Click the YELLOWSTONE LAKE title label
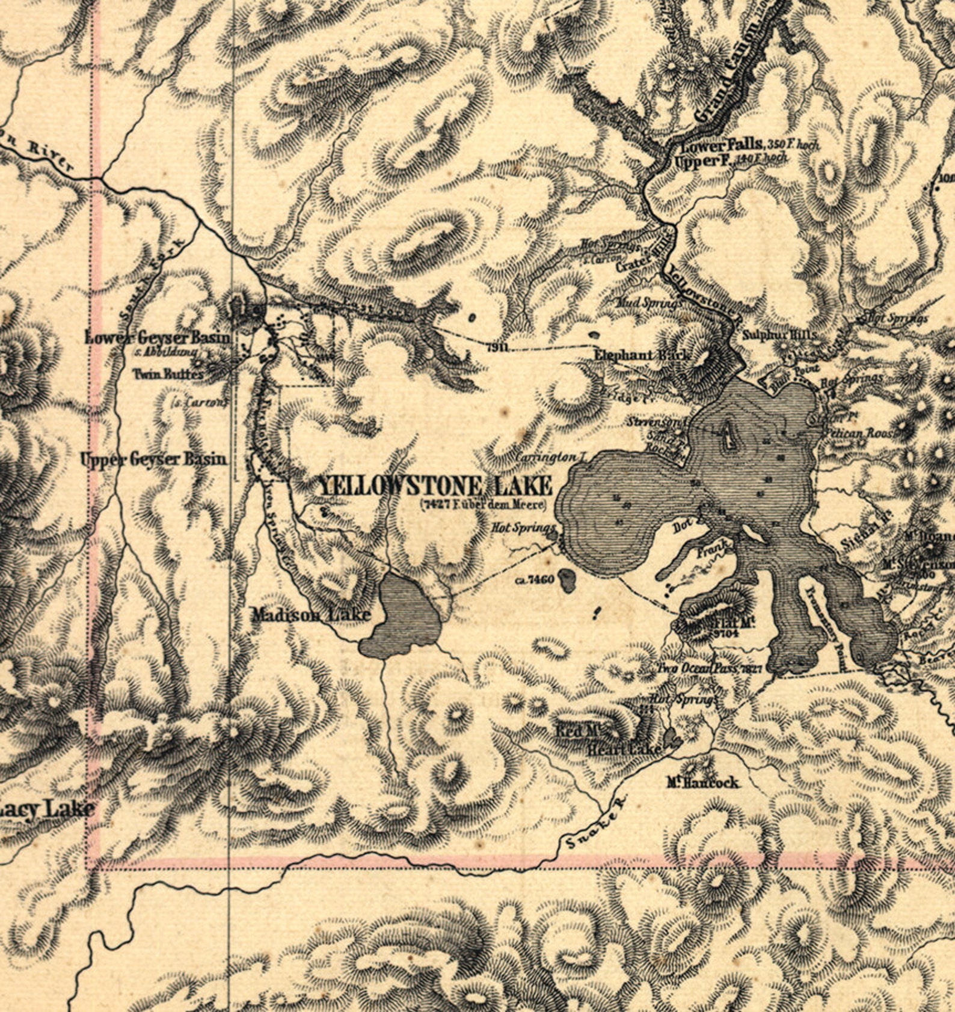pos(434,486)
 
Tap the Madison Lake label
pos(310,614)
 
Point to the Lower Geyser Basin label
pos(158,337)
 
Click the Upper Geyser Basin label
pos(154,459)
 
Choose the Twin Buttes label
pos(168,374)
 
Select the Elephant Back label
pos(641,355)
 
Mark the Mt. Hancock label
pos(702,782)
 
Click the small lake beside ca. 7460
pos(567,580)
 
